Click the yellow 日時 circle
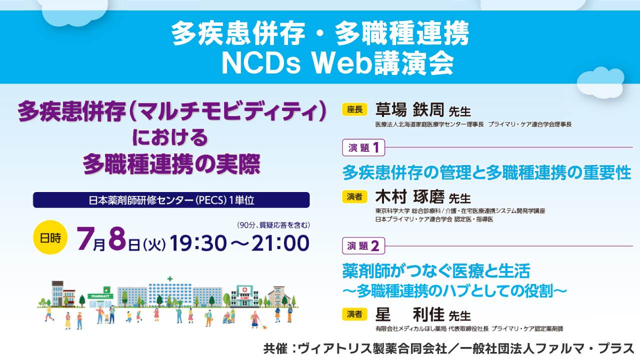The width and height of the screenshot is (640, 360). pyautogui.click(x=50, y=237)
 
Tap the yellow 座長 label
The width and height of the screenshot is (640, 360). pyautogui.click(x=354, y=109)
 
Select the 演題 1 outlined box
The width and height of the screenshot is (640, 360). pyautogui.click(x=363, y=147)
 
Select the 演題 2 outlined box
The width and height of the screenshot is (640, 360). pyautogui.click(x=363, y=245)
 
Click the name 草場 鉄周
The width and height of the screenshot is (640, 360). pyautogui.click(x=409, y=110)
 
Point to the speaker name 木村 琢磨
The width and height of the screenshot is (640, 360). pyautogui.click(x=409, y=197)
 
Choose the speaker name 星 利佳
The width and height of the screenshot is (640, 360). pyautogui.click(x=409, y=314)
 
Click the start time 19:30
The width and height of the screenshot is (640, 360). pyautogui.click(x=198, y=243)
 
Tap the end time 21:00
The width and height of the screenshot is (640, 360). pyautogui.click(x=280, y=243)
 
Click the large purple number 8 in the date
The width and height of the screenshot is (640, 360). pyautogui.click(x=117, y=238)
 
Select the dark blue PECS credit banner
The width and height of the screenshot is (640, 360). pyautogui.click(x=171, y=200)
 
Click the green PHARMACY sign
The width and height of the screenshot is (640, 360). pyautogui.click(x=100, y=296)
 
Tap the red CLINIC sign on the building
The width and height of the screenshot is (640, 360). pyautogui.click(x=244, y=298)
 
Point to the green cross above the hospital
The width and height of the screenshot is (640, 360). pyautogui.click(x=170, y=278)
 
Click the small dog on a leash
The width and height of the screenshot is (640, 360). pyautogui.click(x=264, y=326)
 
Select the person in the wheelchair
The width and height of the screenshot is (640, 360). pyautogui.click(x=227, y=318)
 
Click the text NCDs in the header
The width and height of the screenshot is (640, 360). pyautogui.click(x=261, y=63)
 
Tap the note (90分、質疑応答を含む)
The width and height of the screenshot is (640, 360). pyautogui.click(x=273, y=225)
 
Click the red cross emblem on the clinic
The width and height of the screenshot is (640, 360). pyautogui.click(x=244, y=290)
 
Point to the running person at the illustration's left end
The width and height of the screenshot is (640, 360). pyautogui.click(x=49, y=313)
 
